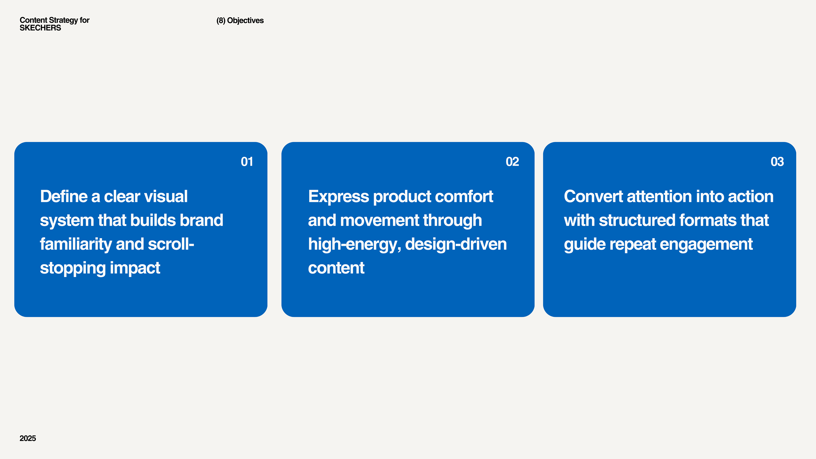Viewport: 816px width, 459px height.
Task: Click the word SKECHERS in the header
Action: (40, 28)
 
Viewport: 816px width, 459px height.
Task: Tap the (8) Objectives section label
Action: (240, 21)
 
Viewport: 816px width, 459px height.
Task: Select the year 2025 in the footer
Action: (28, 438)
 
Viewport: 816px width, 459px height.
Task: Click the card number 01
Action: (247, 162)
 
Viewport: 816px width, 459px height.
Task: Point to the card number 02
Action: (512, 162)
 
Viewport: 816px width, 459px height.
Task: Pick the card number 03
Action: (777, 162)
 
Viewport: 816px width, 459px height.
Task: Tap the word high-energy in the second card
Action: (354, 245)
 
